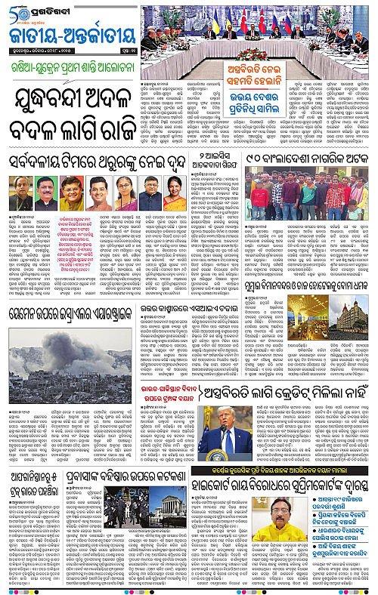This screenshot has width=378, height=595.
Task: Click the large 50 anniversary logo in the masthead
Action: (x=17, y=11)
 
